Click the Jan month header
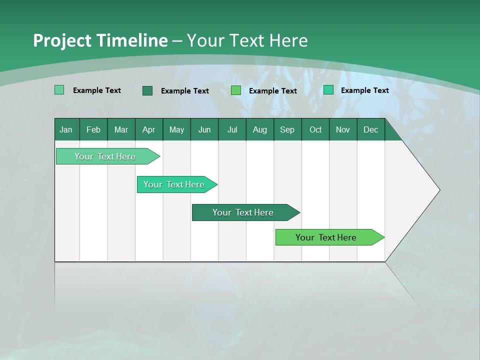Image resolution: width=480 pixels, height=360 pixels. tap(66, 130)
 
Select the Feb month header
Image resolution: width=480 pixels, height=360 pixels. tap(93, 130)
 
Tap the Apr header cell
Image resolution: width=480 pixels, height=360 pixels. tap(148, 130)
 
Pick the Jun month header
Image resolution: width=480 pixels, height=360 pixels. tap(204, 130)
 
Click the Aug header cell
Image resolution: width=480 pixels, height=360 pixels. tap(259, 130)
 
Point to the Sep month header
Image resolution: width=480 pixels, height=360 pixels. tap(287, 130)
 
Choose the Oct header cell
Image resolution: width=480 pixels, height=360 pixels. tap(315, 130)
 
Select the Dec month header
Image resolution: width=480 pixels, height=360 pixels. tap(370, 130)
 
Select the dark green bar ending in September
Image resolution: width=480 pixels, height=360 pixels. tap(243, 212)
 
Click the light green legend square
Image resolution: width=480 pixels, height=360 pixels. tap(59, 90)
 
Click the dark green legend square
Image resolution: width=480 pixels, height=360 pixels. tap(147, 90)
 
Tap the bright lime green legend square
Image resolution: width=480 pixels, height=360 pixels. tap(235, 90)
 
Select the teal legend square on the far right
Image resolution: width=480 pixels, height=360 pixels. tap(328, 90)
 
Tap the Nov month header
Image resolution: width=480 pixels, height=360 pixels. tap(343, 130)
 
